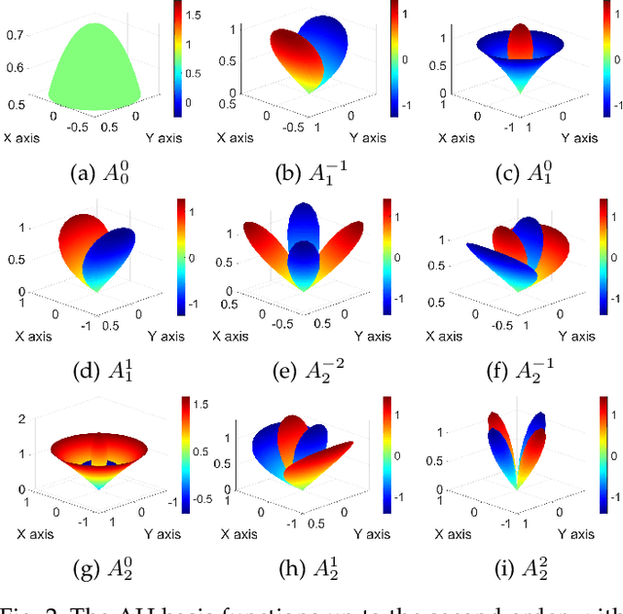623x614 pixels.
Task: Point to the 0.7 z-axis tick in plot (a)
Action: click(x=15, y=35)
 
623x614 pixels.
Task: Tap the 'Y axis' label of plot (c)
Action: click(x=575, y=138)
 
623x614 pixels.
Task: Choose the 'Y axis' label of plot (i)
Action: click(x=575, y=532)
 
